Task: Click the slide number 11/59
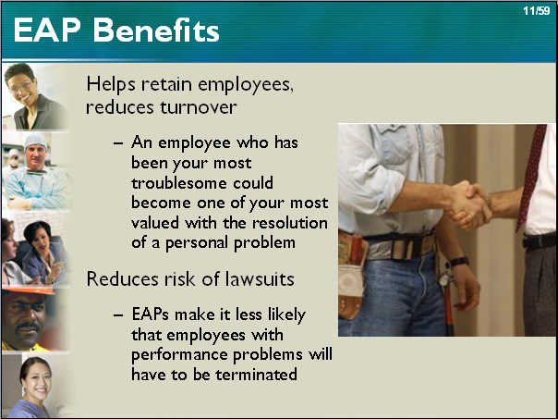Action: point(537,11)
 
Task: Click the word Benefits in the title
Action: point(156,31)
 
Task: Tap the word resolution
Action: point(290,223)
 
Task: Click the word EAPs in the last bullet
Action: point(151,314)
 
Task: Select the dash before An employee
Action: point(118,143)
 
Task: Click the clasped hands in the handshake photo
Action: point(467,204)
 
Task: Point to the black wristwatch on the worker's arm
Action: point(459,262)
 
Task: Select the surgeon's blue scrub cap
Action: point(35,141)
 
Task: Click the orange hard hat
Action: point(29,290)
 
